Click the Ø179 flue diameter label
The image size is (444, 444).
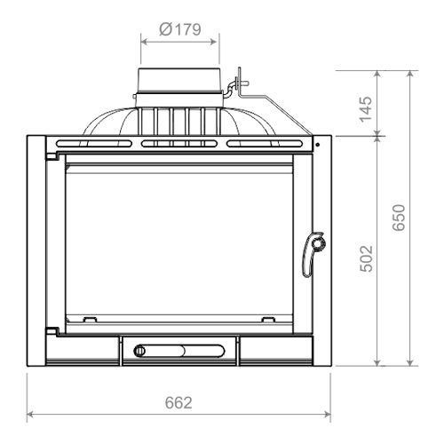[x=180, y=29]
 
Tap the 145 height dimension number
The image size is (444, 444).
[x=366, y=109]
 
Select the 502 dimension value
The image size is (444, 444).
[x=366, y=258]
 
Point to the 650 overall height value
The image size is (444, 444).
[x=399, y=218]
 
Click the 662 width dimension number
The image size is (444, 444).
[x=178, y=403]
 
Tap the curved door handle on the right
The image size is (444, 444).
[x=313, y=254]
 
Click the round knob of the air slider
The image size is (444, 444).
[x=139, y=352]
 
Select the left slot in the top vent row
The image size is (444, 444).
[x=94, y=144]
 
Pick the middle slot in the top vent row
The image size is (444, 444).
[x=179, y=144]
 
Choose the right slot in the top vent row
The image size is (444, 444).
[x=265, y=144]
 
